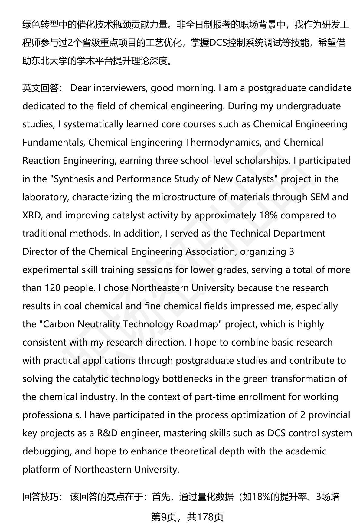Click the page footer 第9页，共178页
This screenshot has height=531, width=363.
click(x=187, y=517)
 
